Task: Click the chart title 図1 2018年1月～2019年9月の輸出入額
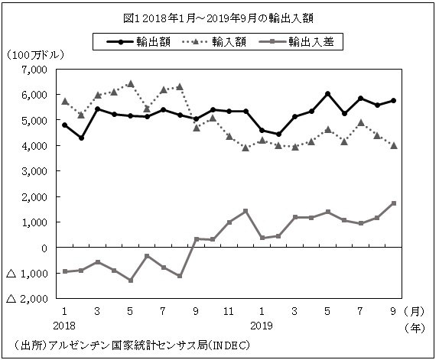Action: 219,17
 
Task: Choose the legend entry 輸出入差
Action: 314,43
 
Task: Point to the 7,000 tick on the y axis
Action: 36,70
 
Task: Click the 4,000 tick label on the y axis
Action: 36,146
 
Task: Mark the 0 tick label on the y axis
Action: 45,248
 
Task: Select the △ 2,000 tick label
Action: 29,298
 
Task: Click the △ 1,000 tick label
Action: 29,273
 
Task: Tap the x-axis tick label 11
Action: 229,312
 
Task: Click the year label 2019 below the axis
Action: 262,325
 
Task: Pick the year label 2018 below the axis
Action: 65,325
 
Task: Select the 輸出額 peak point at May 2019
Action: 327,94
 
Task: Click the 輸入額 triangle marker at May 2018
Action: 131,84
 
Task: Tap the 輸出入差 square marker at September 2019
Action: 393,203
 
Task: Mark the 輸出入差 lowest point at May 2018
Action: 131,281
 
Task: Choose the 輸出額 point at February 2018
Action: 81,138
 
